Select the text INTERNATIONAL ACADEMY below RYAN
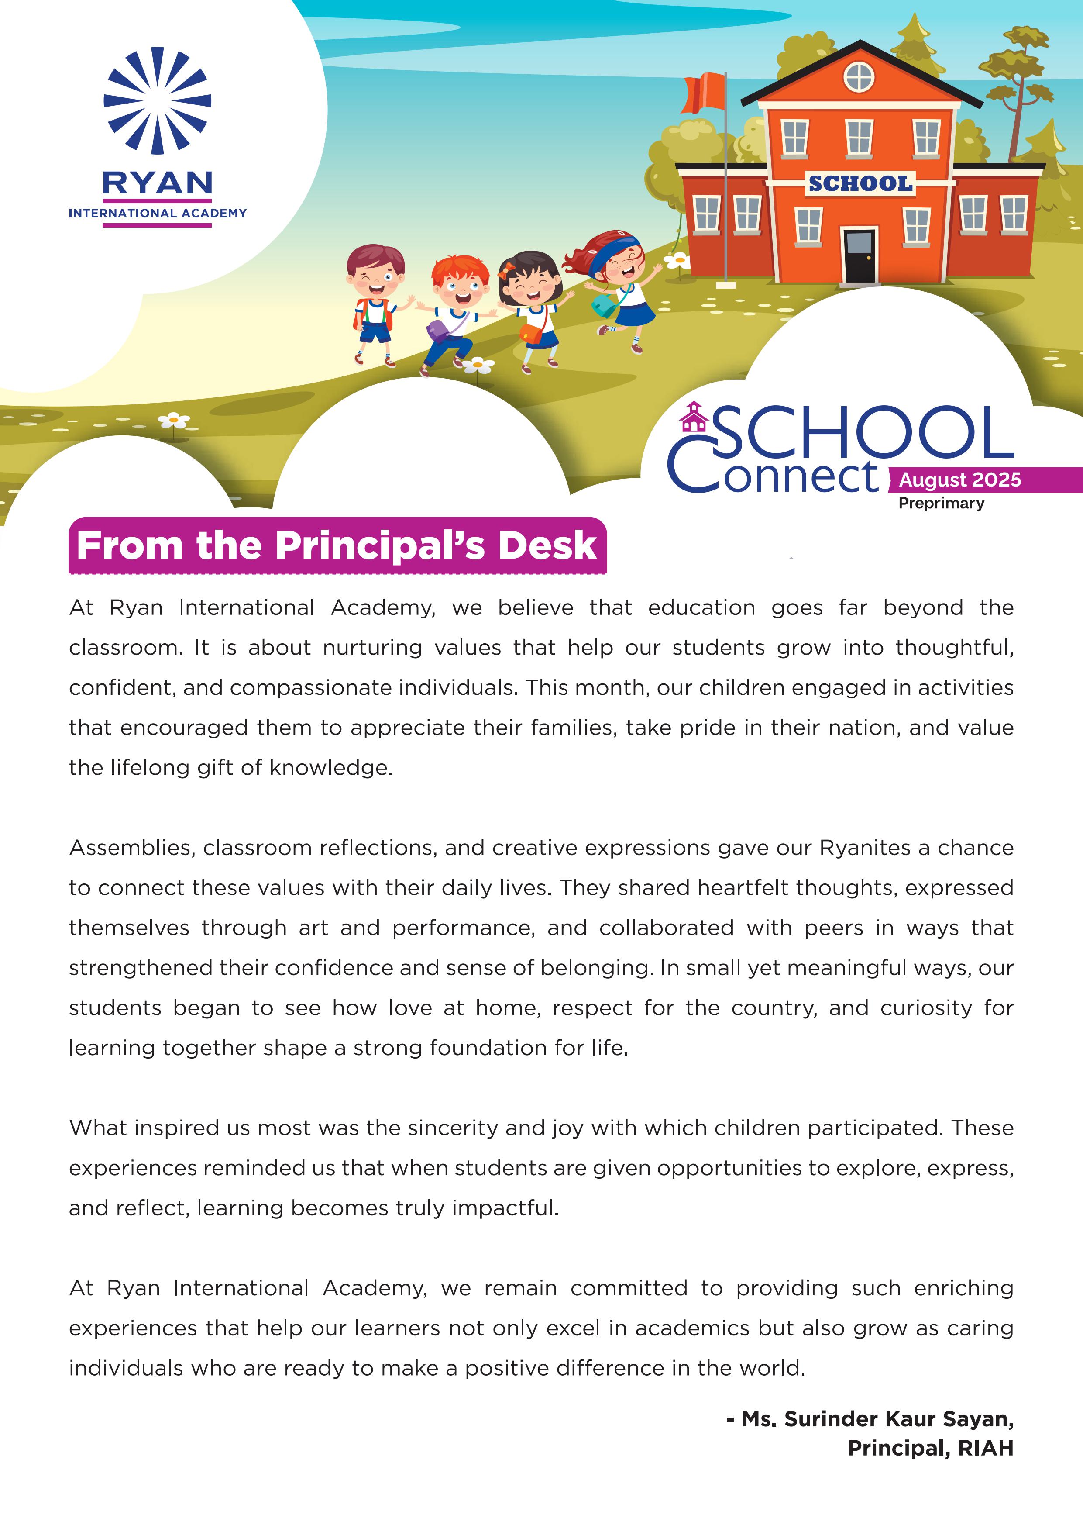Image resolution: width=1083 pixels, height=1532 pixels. coord(158,214)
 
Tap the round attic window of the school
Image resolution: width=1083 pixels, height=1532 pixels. coord(859,77)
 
